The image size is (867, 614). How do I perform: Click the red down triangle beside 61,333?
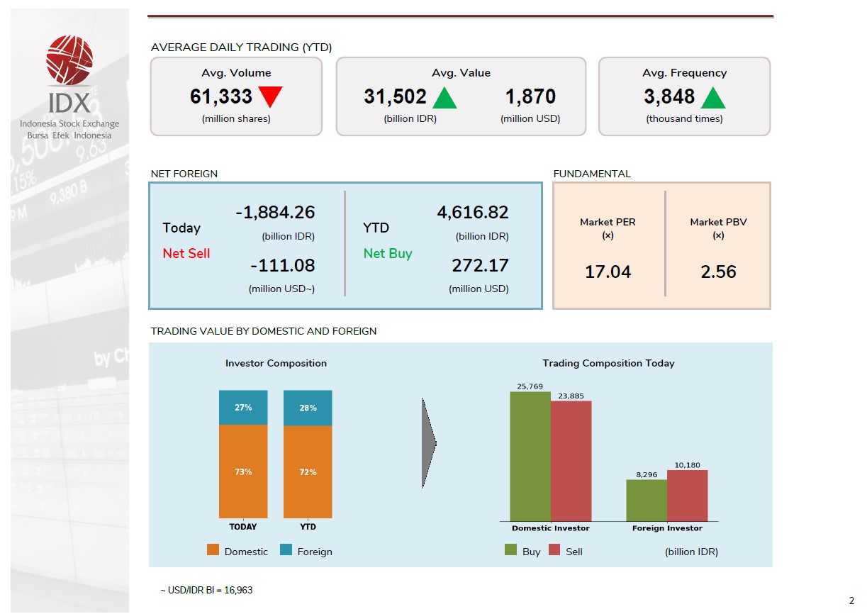coord(270,95)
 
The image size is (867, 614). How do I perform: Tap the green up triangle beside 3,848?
coord(712,98)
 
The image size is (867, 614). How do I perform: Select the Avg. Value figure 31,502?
coord(395,96)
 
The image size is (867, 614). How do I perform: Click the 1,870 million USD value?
coord(530,96)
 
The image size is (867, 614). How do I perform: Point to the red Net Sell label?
coord(186,253)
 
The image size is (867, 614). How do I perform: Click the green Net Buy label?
coord(388,253)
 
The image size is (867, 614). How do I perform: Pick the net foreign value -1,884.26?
coord(274,212)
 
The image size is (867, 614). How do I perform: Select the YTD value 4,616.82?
coord(473,212)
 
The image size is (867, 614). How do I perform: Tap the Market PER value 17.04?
coord(608,272)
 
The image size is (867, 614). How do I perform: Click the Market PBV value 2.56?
coord(718,272)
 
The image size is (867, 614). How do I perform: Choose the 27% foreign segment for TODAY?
coord(243,408)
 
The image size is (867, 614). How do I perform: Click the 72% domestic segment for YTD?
coord(308,471)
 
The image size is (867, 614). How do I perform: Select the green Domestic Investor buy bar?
coord(530,457)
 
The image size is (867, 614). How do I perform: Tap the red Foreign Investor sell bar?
coord(687,496)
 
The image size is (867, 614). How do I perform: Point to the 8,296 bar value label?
coord(647,474)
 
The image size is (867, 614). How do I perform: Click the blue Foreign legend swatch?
coord(286,550)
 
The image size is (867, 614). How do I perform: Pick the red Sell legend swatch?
coord(554,550)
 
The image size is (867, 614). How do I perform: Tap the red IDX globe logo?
coord(69,61)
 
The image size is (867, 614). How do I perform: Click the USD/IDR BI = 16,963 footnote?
coord(206,590)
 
